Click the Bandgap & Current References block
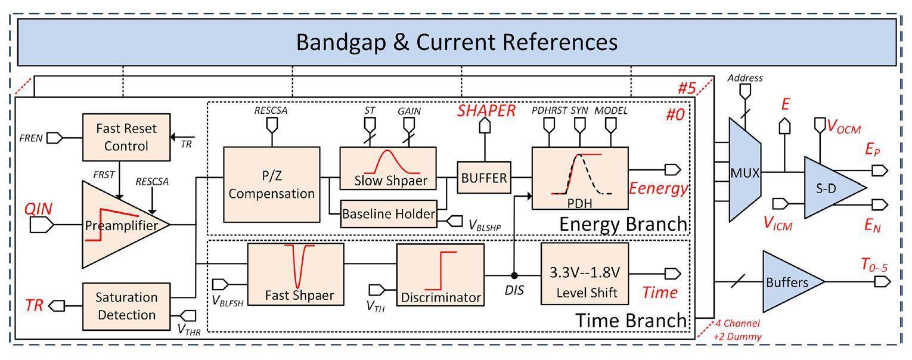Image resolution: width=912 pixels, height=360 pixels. click(x=457, y=42)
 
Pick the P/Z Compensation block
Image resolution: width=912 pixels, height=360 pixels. click(x=271, y=185)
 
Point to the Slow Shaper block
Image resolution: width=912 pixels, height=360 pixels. click(x=387, y=169)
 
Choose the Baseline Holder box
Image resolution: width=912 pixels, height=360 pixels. click(x=388, y=214)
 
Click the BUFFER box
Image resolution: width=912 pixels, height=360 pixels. click(x=484, y=177)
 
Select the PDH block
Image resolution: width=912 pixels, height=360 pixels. click(x=579, y=178)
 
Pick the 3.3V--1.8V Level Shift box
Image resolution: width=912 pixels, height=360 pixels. click(x=584, y=281)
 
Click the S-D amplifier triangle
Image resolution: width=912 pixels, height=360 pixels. click(x=831, y=187)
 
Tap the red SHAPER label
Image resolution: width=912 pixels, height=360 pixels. click(x=486, y=110)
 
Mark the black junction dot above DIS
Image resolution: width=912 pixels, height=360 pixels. click(x=514, y=275)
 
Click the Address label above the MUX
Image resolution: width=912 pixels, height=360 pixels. click(x=745, y=78)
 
